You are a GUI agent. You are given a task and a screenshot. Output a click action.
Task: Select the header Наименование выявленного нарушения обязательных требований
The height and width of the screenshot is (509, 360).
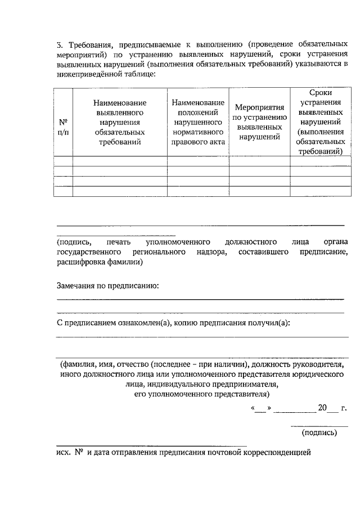pyautogui.click(x=120, y=122)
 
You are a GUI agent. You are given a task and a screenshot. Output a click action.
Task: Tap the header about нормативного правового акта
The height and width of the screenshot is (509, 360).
pyautogui.click(x=198, y=122)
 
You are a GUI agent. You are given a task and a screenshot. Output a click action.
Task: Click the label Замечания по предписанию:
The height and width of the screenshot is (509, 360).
pyautogui.click(x=108, y=286)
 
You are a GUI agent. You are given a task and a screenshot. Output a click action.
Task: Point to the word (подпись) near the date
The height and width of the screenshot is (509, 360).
pyautogui.click(x=319, y=433)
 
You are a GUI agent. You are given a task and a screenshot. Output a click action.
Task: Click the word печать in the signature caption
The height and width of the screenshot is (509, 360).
pyautogui.click(x=118, y=241)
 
